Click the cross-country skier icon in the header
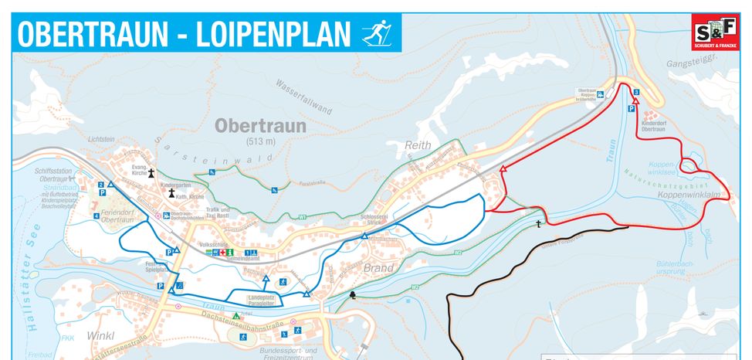[x=378, y=34]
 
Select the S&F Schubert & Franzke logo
[x=715, y=32]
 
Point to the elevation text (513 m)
[x=261, y=142]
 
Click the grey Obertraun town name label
[x=261, y=125]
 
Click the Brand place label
[x=378, y=268]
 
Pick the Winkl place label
[x=101, y=336]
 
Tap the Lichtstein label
[x=101, y=139]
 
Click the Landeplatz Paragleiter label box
[x=261, y=301]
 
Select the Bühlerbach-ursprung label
[x=673, y=268]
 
